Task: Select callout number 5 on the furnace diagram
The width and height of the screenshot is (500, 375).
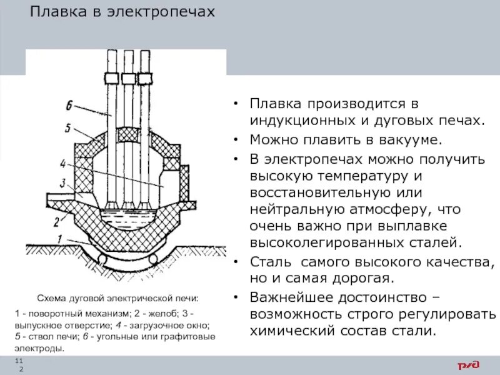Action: [x=67, y=128]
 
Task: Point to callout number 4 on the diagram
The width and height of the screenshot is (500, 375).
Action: [x=63, y=164]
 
